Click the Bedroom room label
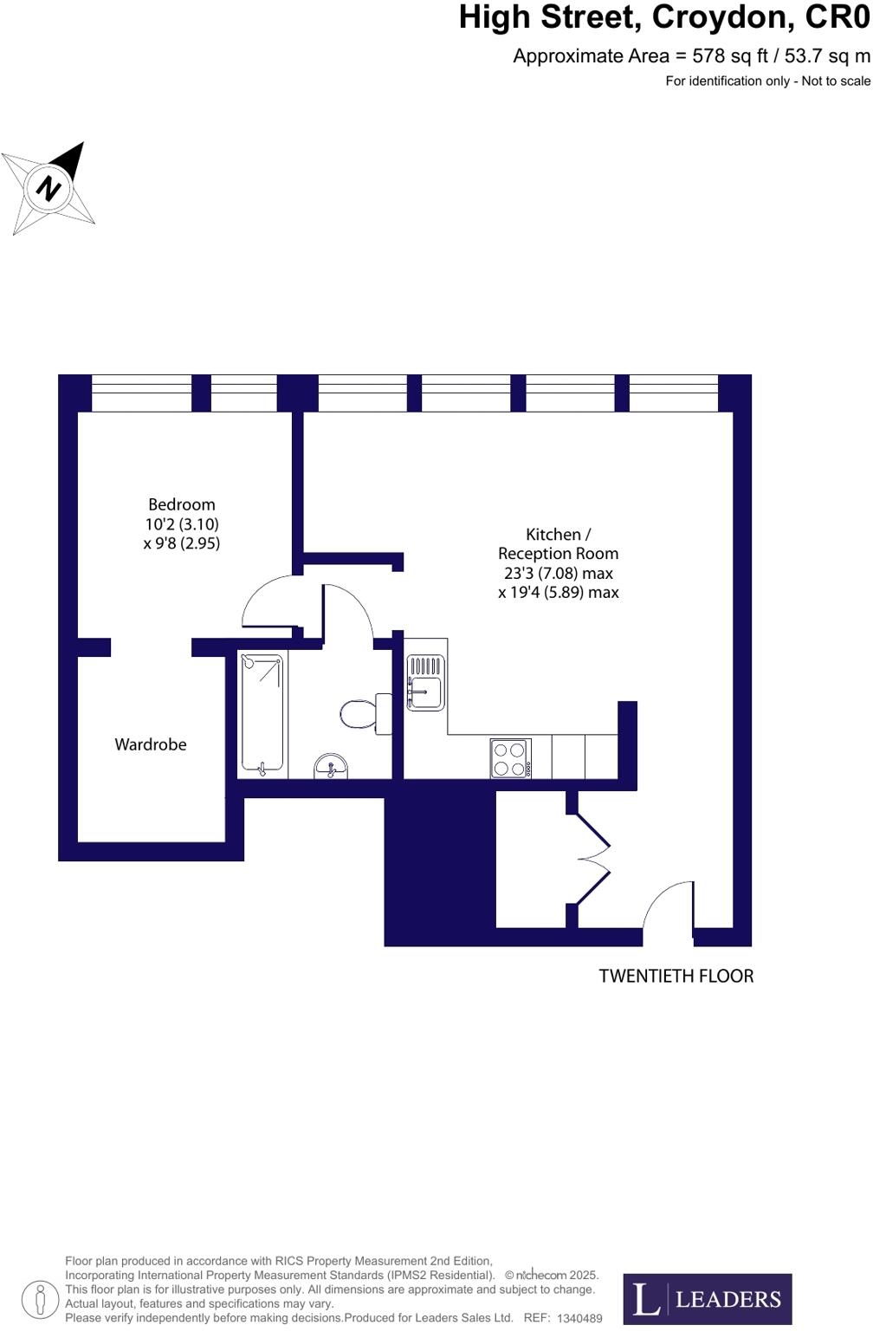tap(181, 504)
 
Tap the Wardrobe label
tap(151, 744)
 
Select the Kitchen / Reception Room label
tap(558, 544)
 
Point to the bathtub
tap(262, 713)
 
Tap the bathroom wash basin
tap(330, 765)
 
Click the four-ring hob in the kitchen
tap(510, 758)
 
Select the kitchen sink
tap(425, 685)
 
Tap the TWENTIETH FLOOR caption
tap(676, 977)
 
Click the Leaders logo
tap(707, 1299)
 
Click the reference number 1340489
tap(579, 1318)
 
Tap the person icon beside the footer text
tap(40, 1300)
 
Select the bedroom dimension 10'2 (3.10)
tap(182, 524)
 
